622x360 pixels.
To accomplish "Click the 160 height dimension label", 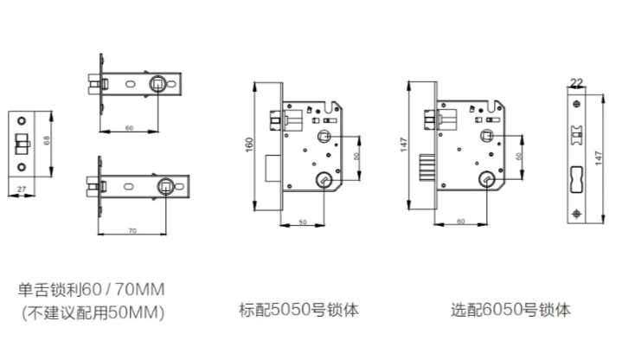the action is pyautogui.click(x=249, y=145).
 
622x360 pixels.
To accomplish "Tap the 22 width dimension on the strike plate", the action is pyautogui.click(x=576, y=82).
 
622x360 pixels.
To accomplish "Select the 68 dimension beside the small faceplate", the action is pyautogui.click(x=47, y=140).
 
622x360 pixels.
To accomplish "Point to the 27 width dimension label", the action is pyautogui.click(x=22, y=190).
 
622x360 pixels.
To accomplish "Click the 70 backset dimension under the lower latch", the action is pyautogui.click(x=132, y=230).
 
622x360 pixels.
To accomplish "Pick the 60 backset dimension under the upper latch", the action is pyautogui.click(x=129, y=128).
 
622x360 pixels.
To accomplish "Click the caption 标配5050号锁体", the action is pyautogui.click(x=298, y=310).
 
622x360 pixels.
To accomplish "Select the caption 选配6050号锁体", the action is pyautogui.click(x=510, y=310).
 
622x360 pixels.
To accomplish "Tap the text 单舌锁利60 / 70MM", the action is pyautogui.click(x=91, y=289).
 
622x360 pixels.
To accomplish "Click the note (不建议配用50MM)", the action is pyautogui.click(x=93, y=312).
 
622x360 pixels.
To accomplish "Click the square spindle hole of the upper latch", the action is pyautogui.click(x=157, y=84).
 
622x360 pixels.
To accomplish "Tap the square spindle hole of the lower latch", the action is pyautogui.click(x=166, y=186).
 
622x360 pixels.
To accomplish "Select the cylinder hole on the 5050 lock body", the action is pyautogui.click(x=324, y=180).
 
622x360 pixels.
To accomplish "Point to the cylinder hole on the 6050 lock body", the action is pyautogui.click(x=487, y=179).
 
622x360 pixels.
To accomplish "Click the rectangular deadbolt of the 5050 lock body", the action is pyautogui.click(x=273, y=168).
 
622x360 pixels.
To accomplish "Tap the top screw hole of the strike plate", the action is pyautogui.click(x=576, y=104).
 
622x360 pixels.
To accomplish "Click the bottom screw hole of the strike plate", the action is pyautogui.click(x=577, y=215).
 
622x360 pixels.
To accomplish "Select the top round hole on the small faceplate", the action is pyautogui.click(x=22, y=120).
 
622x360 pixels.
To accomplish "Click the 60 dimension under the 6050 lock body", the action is pyautogui.click(x=460, y=222).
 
